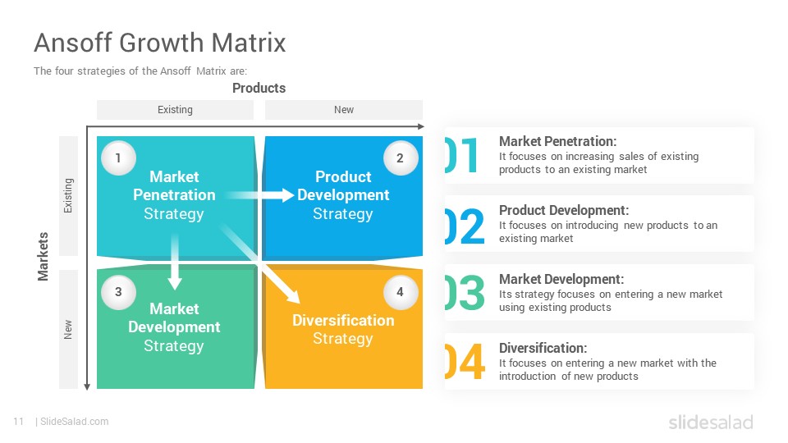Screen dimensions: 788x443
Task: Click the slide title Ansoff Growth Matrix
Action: click(160, 42)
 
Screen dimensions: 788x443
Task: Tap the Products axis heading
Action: click(259, 88)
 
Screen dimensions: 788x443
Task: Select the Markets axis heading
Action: click(44, 256)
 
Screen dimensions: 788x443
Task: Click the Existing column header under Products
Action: click(175, 109)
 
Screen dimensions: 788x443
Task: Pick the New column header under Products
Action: click(344, 109)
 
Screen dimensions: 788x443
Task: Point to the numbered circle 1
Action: click(118, 158)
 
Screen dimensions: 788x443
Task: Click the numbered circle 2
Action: click(401, 158)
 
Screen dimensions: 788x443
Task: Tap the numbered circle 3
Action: click(118, 292)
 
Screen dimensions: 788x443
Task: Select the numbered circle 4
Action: click(401, 292)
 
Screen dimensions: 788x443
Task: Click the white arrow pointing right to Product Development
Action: click(259, 195)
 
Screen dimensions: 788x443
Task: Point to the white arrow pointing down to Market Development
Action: click(174, 261)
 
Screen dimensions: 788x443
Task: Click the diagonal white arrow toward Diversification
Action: click(260, 263)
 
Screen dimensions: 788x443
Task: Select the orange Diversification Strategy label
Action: click(343, 330)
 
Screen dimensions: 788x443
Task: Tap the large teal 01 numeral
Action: click(461, 155)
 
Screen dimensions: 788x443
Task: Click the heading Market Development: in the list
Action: click(561, 279)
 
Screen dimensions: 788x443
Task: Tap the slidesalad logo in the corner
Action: click(711, 422)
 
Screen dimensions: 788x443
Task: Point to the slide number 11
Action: click(19, 422)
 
